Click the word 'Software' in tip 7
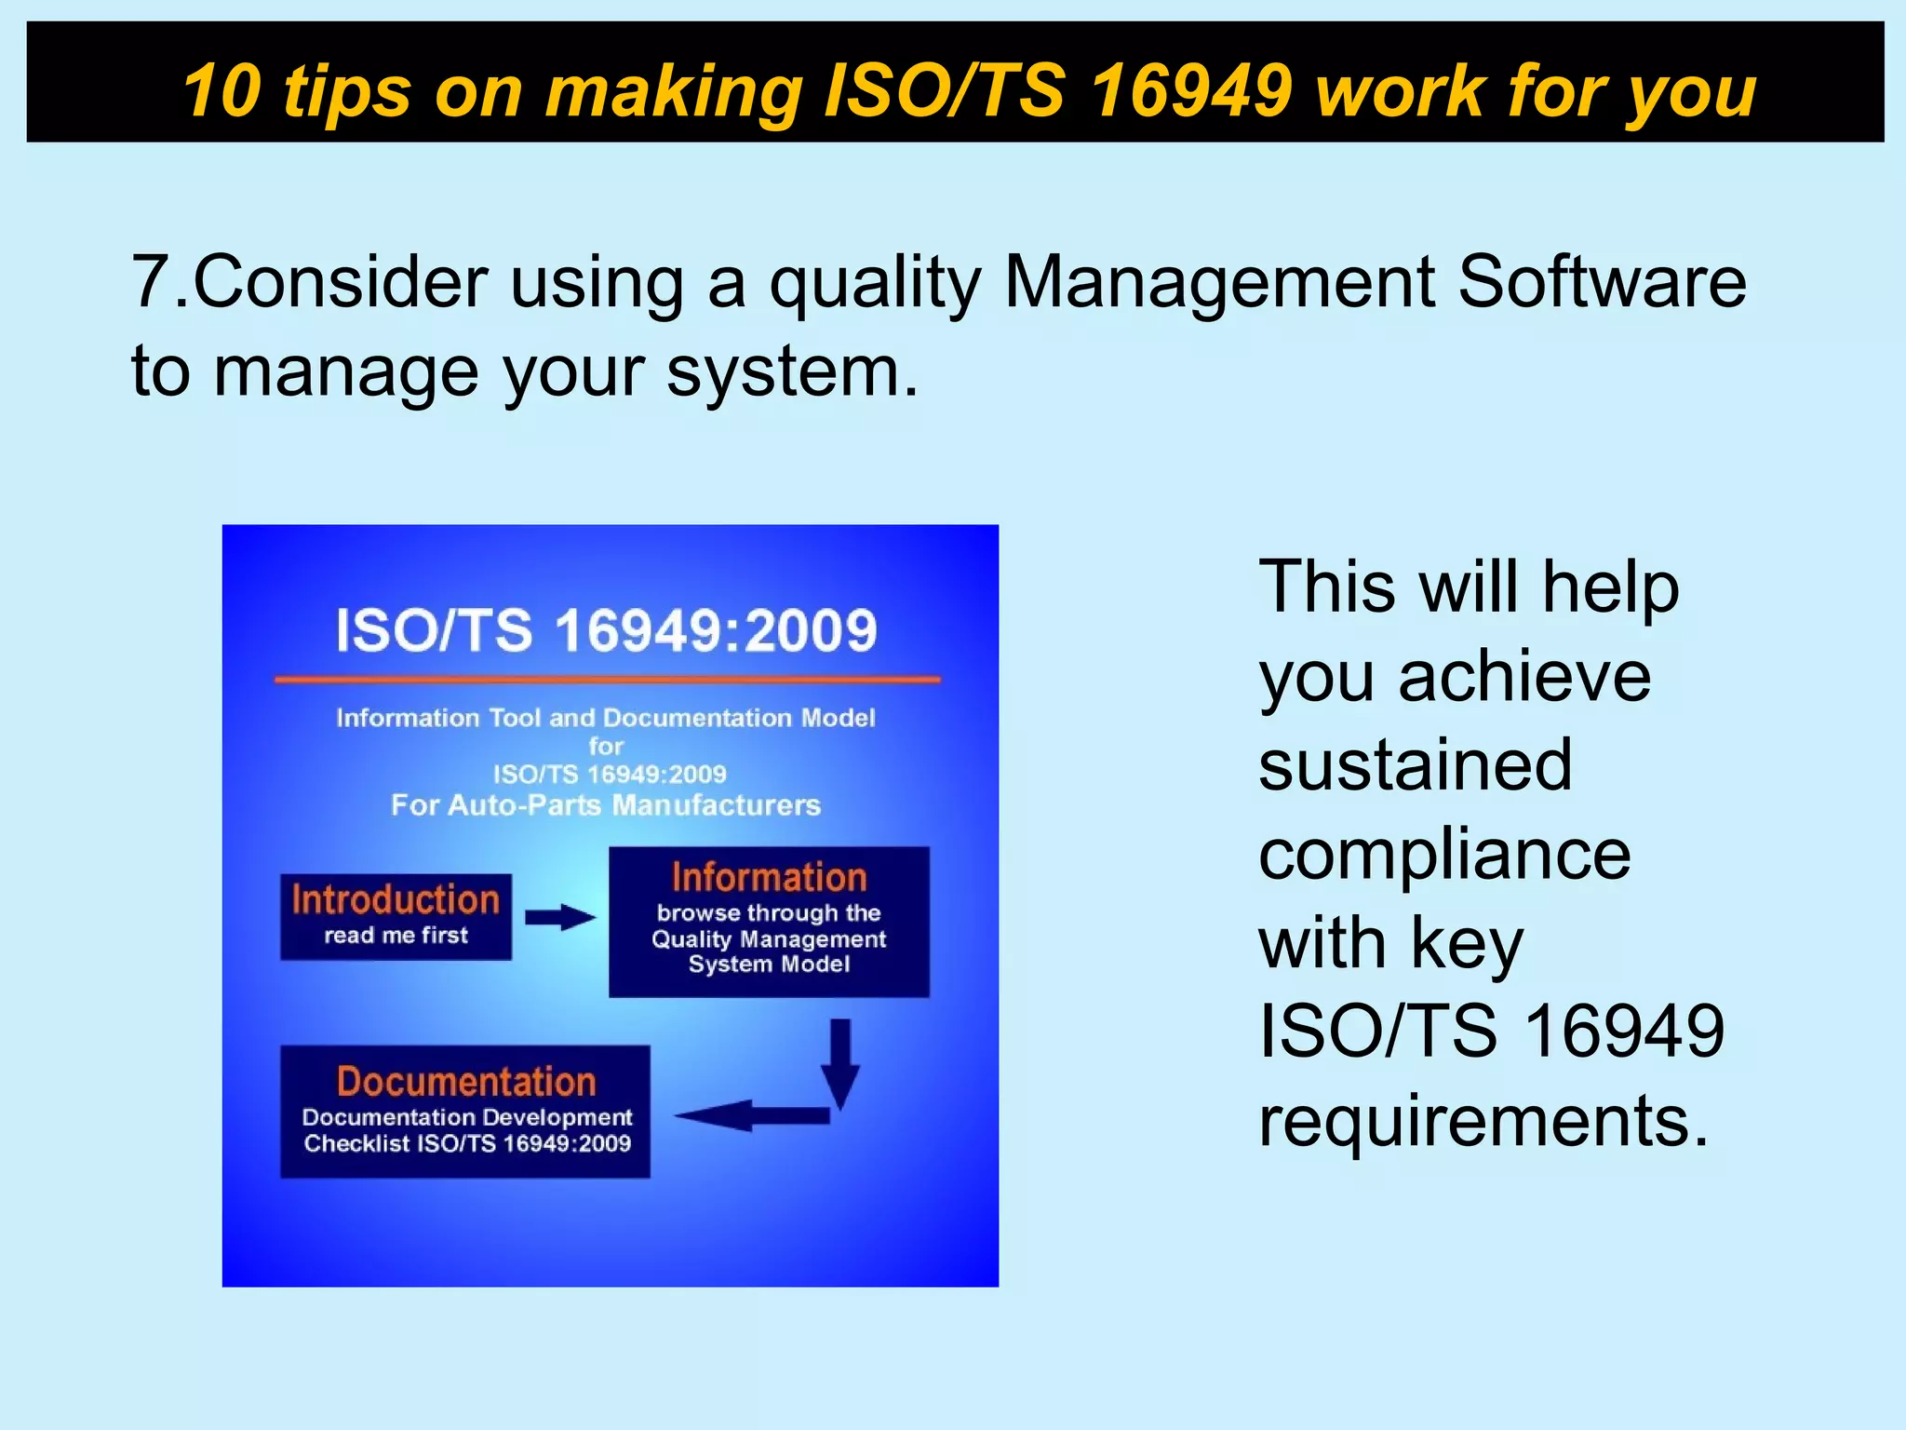click(1602, 282)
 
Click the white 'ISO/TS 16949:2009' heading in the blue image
click(606, 630)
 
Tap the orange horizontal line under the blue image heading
click(607, 680)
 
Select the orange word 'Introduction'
click(396, 899)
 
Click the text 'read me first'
click(396, 936)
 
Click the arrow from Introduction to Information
click(559, 917)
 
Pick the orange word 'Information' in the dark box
click(769, 877)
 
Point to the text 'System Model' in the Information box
click(769, 965)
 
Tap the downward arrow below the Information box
click(839, 1061)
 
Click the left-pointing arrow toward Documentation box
click(745, 1114)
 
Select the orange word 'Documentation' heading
click(465, 1082)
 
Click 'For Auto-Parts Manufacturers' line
click(606, 805)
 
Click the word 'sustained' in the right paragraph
click(1415, 765)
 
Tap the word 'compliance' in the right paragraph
click(1443, 855)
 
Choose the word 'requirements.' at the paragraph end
click(1483, 1121)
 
